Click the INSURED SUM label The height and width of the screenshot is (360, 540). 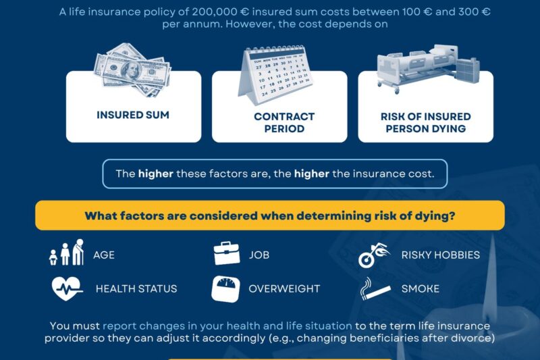click(x=133, y=115)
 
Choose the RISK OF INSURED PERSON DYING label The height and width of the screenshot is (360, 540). click(x=425, y=122)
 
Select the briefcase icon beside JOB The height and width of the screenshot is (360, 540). click(x=227, y=254)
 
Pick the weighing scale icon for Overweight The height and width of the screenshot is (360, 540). click(x=226, y=288)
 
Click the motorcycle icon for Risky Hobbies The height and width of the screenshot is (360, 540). click(x=375, y=255)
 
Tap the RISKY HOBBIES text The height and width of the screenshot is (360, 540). click(x=441, y=255)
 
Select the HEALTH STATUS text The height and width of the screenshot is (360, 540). click(x=136, y=288)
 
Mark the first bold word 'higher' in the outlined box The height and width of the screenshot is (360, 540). click(x=156, y=174)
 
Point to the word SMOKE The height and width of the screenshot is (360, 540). click(x=421, y=288)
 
